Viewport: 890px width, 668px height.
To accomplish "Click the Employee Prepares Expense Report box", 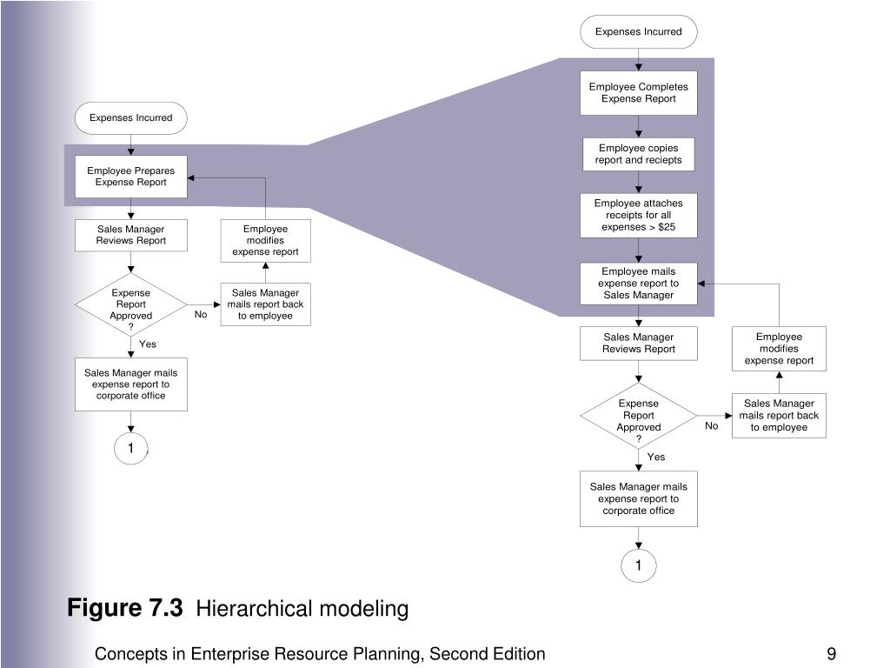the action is pyautogui.click(x=131, y=177).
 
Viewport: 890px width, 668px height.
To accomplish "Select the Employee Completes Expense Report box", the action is pyautogui.click(x=639, y=92).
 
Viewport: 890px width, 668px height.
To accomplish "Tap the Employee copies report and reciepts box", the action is pyautogui.click(x=639, y=154).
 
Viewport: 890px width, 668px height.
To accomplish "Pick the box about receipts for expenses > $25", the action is pyautogui.click(x=639, y=216).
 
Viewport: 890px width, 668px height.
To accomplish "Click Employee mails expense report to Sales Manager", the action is pyautogui.click(x=639, y=283).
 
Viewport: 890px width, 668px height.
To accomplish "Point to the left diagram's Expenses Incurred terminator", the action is pyautogui.click(x=131, y=118).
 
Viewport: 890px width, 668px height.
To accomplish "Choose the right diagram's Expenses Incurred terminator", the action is pyautogui.click(x=639, y=32).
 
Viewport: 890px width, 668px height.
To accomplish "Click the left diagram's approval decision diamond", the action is pyautogui.click(x=131, y=305).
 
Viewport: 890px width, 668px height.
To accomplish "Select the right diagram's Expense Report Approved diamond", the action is pyautogui.click(x=639, y=416).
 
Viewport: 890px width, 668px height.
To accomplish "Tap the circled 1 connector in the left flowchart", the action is pyautogui.click(x=131, y=448).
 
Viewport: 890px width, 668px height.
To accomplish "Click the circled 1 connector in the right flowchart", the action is pyautogui.click(x=639, y=565).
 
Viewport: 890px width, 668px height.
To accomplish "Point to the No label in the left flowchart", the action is pyautogui.click(x=201, y=315).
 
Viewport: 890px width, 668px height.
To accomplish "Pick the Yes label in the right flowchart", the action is pyautogui.click(x=656, y=457).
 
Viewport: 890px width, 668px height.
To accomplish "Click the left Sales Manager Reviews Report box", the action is pyautogui.click(x=131, y=235).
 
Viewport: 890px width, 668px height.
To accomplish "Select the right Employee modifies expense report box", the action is pyautogui.click(x=780, y=349).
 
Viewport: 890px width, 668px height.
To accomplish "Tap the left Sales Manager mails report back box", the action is pyautogui.click(x=266, y=304).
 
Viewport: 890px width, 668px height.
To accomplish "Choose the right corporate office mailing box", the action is pyautogui.click(x=639, y=498).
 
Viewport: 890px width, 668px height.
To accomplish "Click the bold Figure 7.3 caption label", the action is pyautogui.click(x=125, y=608).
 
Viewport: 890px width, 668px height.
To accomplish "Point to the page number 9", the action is pyautogui.click(x=832, y=654).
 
